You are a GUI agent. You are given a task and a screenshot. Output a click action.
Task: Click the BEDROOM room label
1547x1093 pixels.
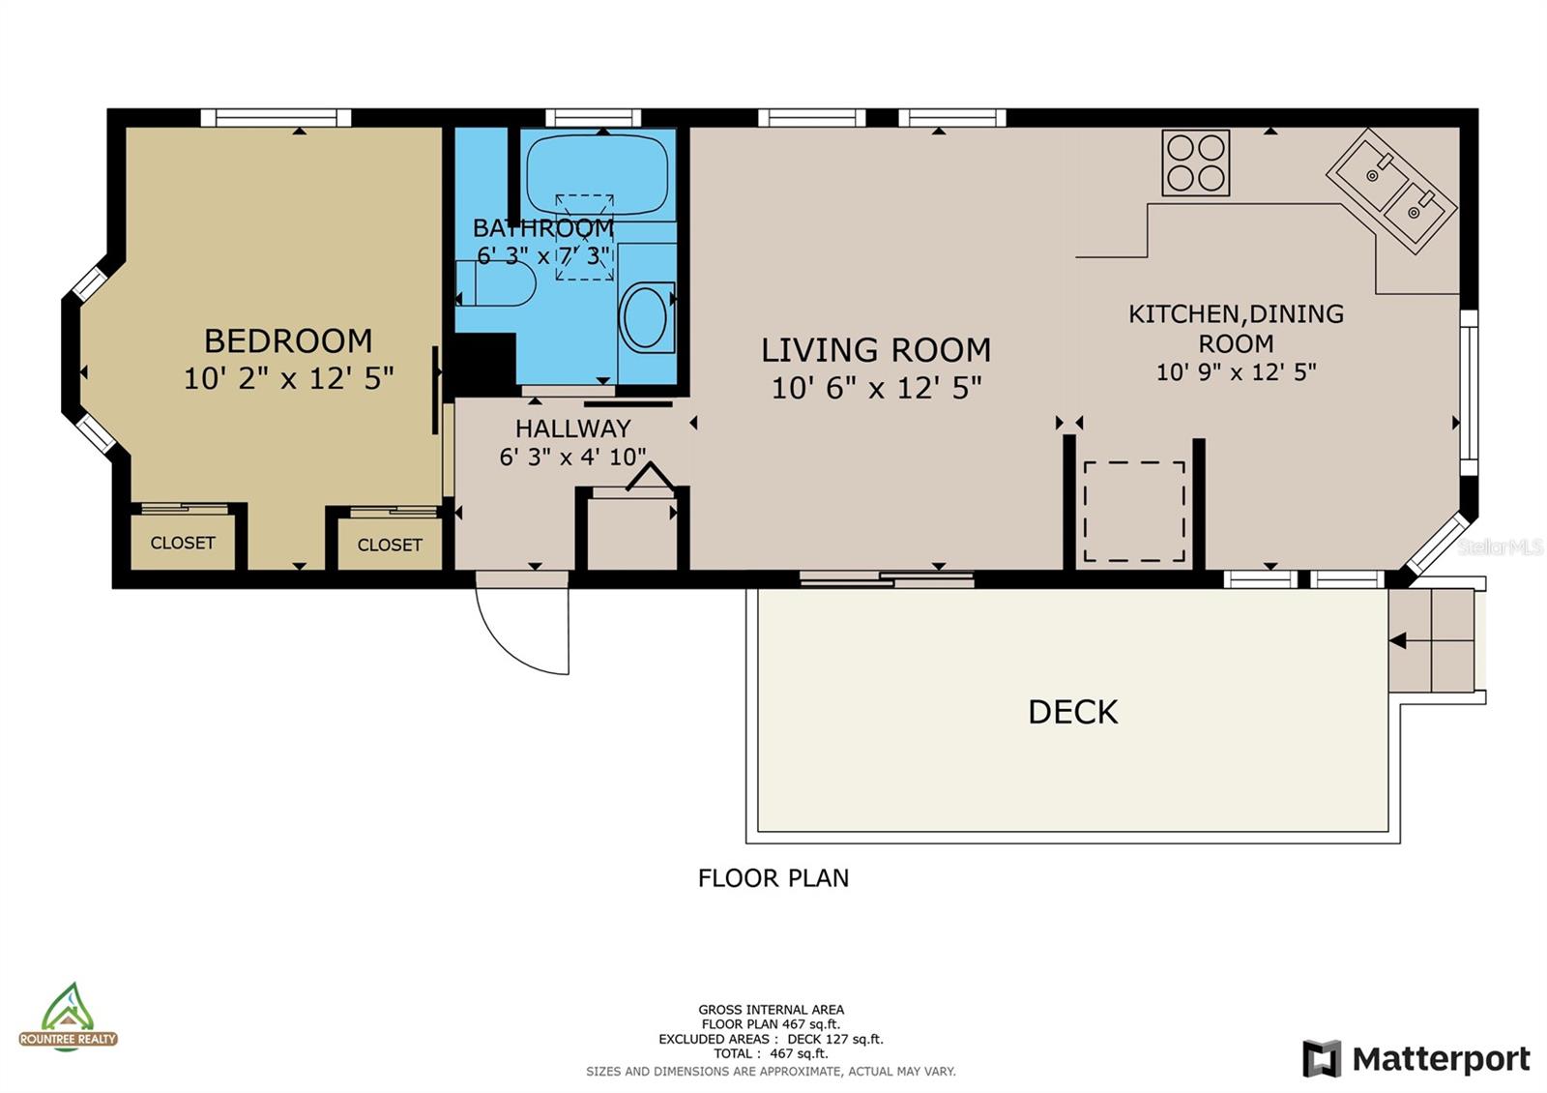tap(288, 341)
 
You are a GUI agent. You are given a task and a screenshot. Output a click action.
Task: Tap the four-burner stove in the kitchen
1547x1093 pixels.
tap(1195, 162)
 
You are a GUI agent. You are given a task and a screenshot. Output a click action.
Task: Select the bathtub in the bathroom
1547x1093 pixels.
tap(598, 174)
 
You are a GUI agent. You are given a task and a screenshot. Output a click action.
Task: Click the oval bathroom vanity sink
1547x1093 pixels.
tap(645, 318)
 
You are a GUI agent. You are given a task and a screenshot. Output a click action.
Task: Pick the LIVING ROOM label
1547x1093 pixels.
tap(876, 350)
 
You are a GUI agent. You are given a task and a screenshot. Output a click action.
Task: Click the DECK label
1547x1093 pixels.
tap(1072, 712)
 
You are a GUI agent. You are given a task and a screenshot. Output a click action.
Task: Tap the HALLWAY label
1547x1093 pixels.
tap(572, 429)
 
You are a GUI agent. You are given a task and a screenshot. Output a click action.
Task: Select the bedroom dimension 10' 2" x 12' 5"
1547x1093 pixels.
tap(289, 378)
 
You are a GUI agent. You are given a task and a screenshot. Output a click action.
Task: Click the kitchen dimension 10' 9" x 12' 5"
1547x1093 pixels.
tap(1237, 372)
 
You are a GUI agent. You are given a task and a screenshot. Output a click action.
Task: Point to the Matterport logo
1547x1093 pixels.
tap(1416, 1059)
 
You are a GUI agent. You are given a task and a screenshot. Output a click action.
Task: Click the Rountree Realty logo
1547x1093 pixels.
tap(68, 1018)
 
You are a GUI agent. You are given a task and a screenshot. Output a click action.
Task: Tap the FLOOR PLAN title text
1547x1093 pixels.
tap(773, 878)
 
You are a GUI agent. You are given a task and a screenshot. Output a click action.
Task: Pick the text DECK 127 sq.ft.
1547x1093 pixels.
tap(835, 1039)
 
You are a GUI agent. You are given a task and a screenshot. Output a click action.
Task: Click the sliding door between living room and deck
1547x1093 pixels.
tap(887, 579)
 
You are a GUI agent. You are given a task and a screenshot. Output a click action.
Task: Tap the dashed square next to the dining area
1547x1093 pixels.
tap(1134, 512)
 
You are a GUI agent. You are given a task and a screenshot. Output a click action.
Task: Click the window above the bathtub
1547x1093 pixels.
tap(594, 118)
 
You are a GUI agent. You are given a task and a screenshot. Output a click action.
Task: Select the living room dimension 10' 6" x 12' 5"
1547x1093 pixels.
tap(876, 388)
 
